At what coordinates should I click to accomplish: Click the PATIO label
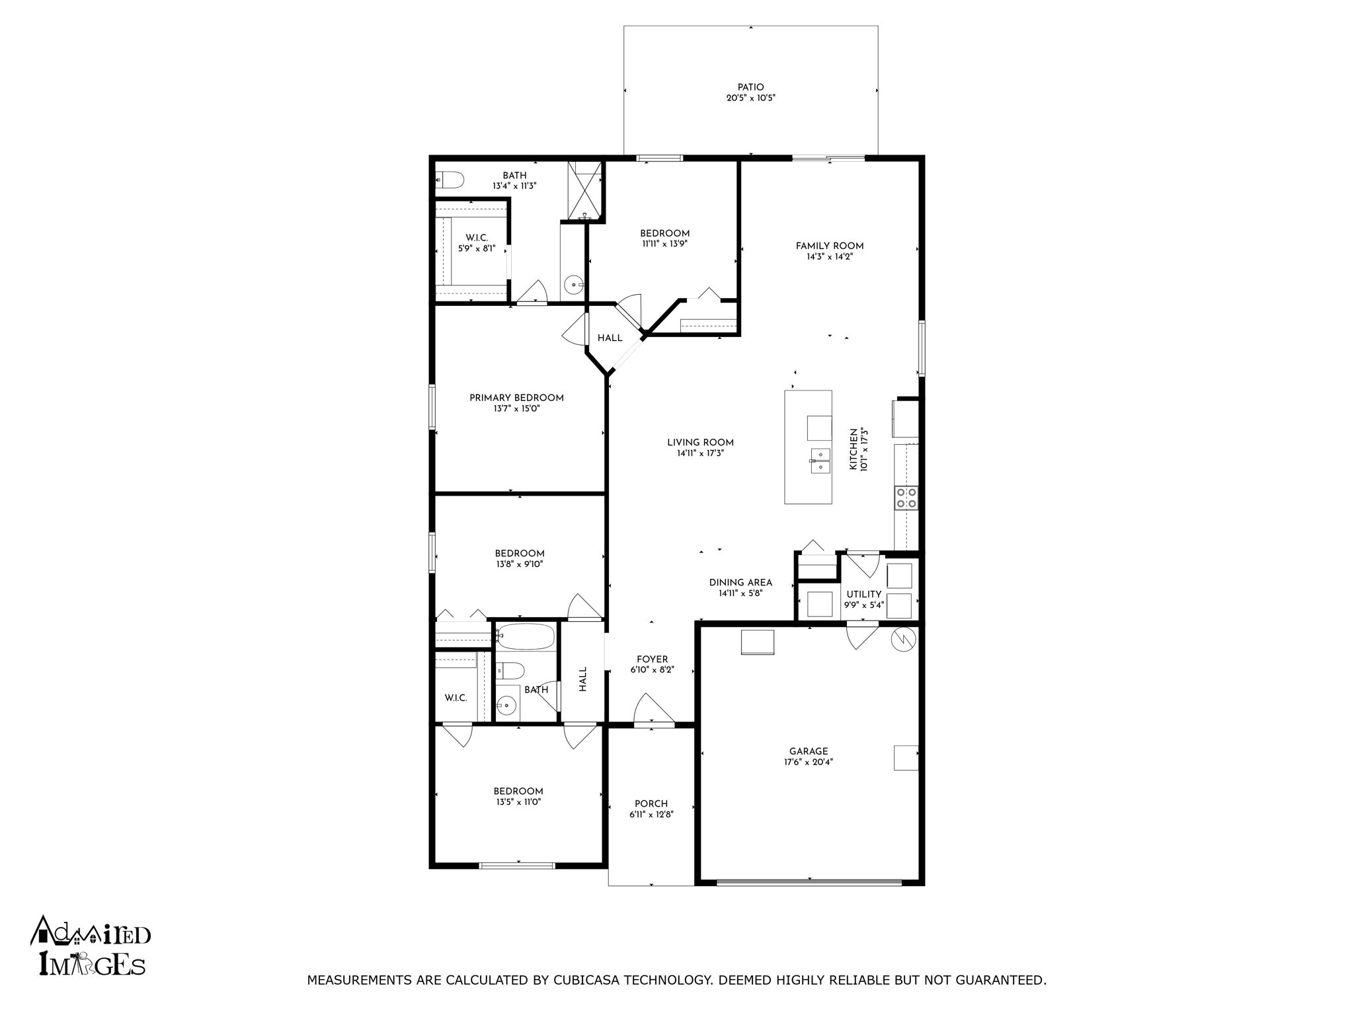(x=750, y=87)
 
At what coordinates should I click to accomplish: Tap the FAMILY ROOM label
(x=830, y=246)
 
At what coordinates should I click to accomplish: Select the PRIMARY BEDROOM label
(x=516, y=398)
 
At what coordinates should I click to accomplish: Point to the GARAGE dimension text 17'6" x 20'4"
(x=809, y=762)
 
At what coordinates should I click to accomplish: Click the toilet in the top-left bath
(x=450, y=178)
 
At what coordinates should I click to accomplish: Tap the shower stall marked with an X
(x=585, y=190)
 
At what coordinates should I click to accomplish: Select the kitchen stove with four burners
(x=906, y=498)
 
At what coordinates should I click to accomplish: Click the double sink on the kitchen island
(x=820, y=461)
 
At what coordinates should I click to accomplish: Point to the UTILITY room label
(x=863, y=595)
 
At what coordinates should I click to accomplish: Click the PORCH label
(x=651, y=804)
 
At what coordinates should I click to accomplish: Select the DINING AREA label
(x=740, y=583)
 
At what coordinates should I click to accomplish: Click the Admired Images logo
(x=91, y=947)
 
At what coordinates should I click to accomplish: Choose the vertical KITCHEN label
(x=853, y=449)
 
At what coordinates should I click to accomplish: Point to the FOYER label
(x=652, y=659)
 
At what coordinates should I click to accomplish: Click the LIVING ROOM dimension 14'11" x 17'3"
(x=700, y=453)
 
